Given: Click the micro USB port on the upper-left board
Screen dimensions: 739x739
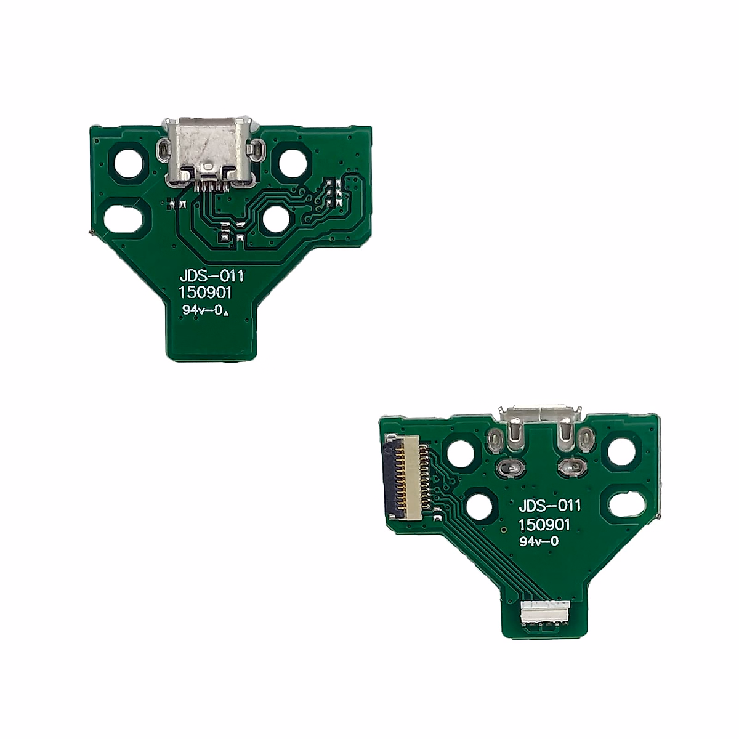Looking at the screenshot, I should pyautogui.click(x=209, y=150).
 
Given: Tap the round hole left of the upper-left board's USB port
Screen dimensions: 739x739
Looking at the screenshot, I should pyautogui.click(x=131, y=163).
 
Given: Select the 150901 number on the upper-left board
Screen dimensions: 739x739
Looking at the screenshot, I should pyautogui.click(x=205, y=294).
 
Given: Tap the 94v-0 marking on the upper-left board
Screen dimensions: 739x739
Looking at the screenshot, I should pyautogui.click(x=201, y=311).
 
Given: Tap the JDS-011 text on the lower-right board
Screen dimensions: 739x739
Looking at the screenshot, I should pyautogui.click(x=549, y=506).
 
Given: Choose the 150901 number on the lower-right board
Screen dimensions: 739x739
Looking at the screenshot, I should pyautogui.click(x=544, y=525).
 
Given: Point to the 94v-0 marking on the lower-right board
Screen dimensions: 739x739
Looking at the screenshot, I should pyautogui.click(x=539, y=542).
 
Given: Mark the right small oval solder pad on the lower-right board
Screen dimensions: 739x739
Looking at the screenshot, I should pyautogui.click(x=567, y=468).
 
